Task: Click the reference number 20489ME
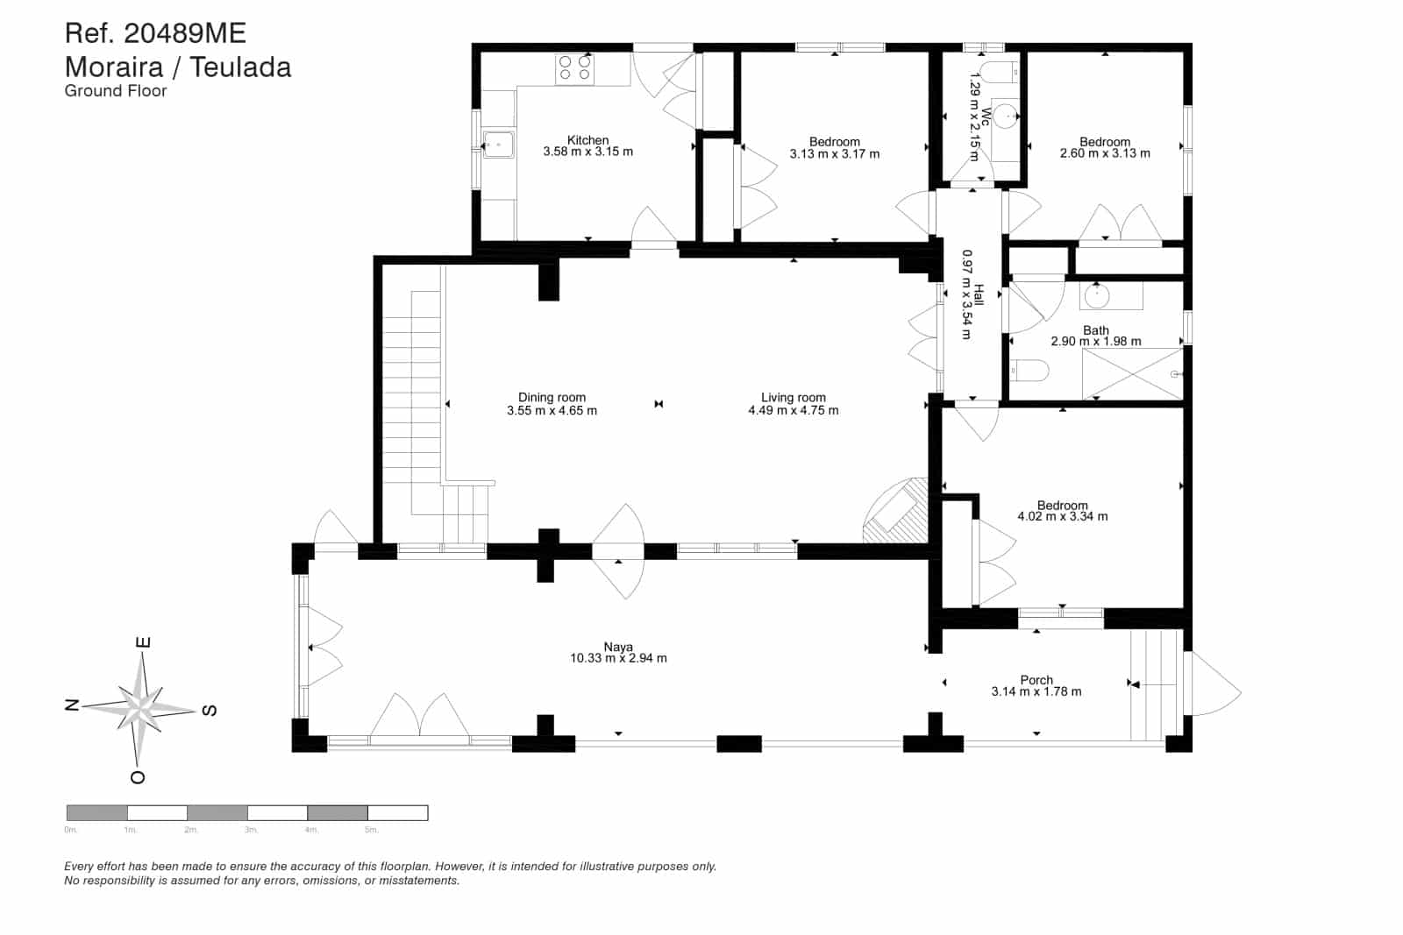tap(184, 33)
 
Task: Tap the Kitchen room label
tap(588, 140)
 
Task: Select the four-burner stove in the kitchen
tap(575, 68)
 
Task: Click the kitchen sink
tap(498, 144)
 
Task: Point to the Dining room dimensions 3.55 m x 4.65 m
tap(552, 410)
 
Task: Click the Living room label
tap(793, 397)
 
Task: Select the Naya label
tap(618, 647)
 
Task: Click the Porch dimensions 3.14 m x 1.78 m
tap(1036, 691)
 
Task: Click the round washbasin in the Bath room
tap(1097, 296)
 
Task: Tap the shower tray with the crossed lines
tap(1132, 373)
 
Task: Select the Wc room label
tap(986, 117)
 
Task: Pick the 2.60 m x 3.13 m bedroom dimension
tap(1105, 153)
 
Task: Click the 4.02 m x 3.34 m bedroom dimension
tap(1062, 516)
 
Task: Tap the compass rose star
tap(140, 705)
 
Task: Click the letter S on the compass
tap(209, 710)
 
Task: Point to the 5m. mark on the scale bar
tap(371, 829)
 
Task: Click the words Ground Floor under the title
tap(116, 90)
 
